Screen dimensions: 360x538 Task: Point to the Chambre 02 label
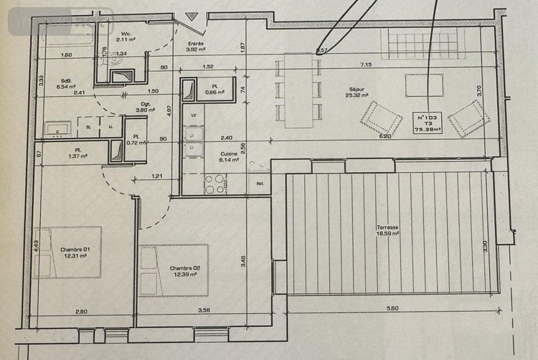[x=184, y=268]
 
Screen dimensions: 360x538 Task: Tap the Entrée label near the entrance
[x=196, y=43]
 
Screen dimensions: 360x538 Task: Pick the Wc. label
[x=126, y=33]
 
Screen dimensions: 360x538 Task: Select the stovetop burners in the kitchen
[x=215, y=185]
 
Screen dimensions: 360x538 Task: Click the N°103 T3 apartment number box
[x=431, y=123]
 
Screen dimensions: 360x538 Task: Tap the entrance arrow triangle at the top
[x=192, y=16]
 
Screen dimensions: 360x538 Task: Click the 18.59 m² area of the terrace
[x=387, y=235]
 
